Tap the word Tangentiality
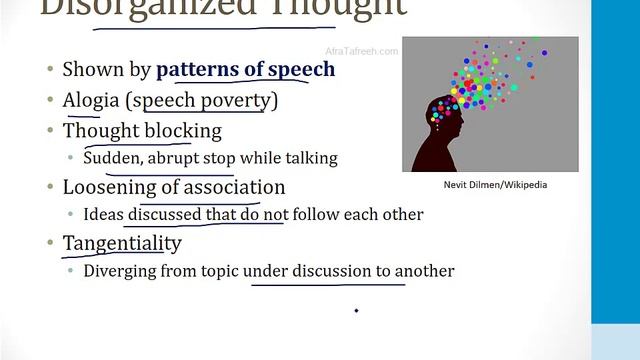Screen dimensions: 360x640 (122, 243)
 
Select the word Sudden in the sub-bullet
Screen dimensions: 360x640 (112, 158)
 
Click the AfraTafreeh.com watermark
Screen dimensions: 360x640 (362, 51)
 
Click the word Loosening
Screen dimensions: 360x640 (108, 187)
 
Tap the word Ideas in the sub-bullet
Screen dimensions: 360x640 (102, 214)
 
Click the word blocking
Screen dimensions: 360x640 (187, 130)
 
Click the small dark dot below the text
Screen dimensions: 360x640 (357, 311)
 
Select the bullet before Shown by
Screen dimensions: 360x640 (50, 71)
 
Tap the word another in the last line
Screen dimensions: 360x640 (425, 271)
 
